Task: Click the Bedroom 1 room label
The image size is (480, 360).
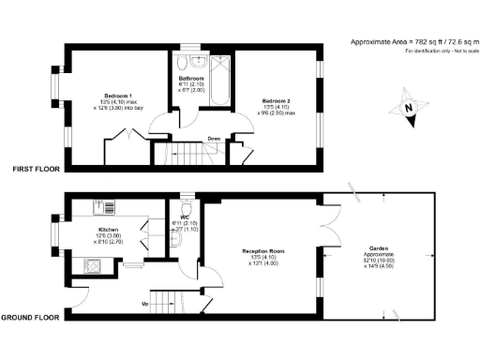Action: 116,94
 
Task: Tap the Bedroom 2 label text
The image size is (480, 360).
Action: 275,100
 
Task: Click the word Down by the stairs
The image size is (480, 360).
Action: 214,139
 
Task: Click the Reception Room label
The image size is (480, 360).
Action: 262,252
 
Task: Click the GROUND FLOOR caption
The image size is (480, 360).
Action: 30,317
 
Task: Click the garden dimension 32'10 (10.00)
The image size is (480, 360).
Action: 381,263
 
